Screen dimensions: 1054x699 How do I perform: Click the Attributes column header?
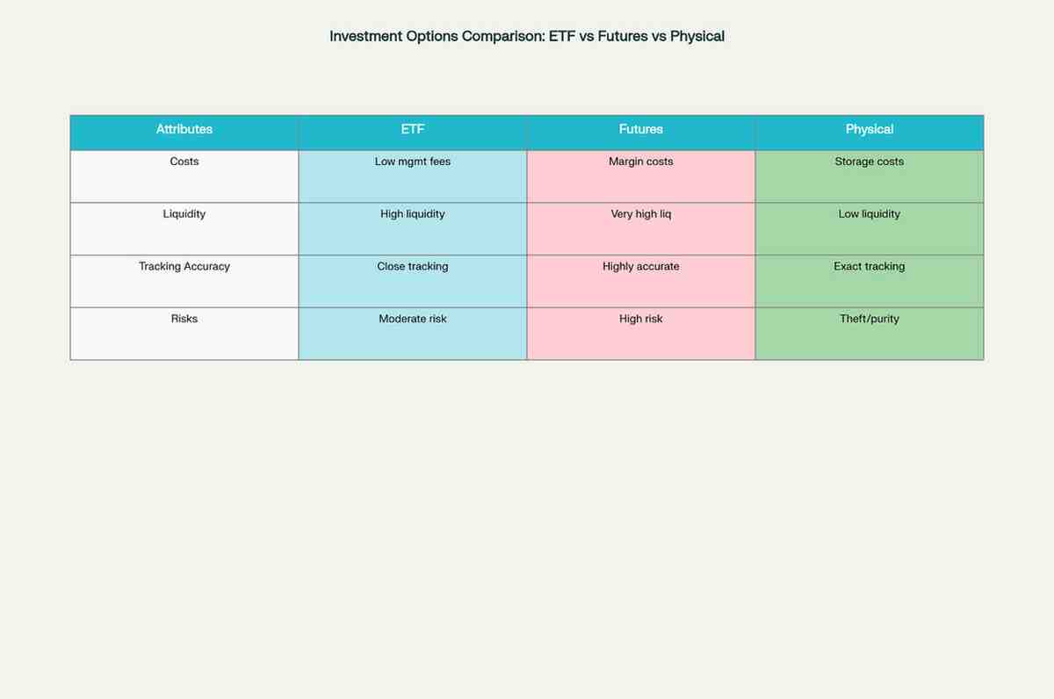click(x=184, y=129)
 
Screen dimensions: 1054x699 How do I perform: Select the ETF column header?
click(x=413, y=129)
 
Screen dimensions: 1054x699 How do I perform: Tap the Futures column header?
click(x=641, y=129)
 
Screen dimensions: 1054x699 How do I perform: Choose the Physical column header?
click(x=869, y=129)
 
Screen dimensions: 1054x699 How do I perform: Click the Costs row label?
click(x=184, y=162)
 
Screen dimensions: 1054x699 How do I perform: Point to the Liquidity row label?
click(x=184, y=214)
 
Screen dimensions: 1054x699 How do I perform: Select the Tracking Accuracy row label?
click(x=184, y=266)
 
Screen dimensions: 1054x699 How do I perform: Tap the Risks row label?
click(x=184, y=319)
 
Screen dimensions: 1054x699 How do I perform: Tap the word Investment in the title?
click(x=365, y=36)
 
